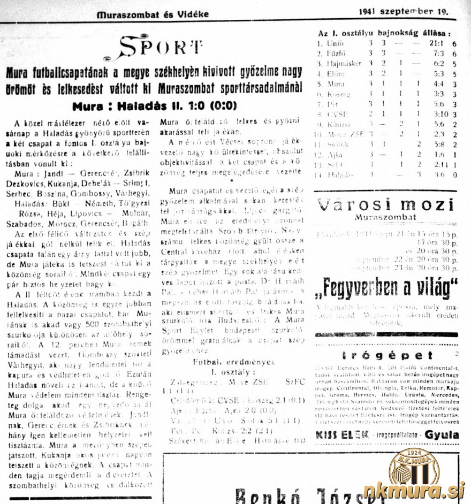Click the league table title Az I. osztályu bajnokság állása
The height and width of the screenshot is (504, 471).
tap(384, 32)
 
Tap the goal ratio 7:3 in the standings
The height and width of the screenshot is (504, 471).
tap(439, 54)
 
